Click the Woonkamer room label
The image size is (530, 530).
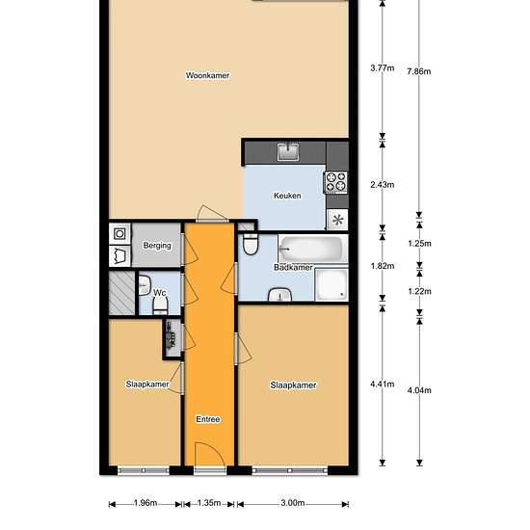[x=207, y=75]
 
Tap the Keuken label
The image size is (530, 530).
[x=287, y=196]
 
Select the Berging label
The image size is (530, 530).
[x=157, y=246]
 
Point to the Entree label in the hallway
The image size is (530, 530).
[x=208, y=419]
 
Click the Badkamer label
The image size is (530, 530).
[x=293, y=267]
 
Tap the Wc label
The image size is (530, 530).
[x=160, y=292]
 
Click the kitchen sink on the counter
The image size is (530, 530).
[x=288, y=151]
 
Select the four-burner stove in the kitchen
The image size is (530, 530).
[x=335, y=182]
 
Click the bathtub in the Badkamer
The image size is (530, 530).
[x=312, y=248]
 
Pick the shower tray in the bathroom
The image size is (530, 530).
[x=331, y=284]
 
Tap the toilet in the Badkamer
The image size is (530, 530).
[x=251, y=244]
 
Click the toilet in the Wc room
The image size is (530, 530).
[x=160, y=306]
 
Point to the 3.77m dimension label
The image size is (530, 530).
[x=382, y=68]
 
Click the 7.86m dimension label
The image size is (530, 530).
[x=419, y=71]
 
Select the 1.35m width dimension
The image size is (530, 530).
[x=209, y=503]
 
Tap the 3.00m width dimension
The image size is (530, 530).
[x=293, y=503]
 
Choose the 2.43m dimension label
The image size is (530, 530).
[x=382, y=185]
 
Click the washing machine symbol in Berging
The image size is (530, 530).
[x=119, y=233]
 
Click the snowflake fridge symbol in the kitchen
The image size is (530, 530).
[x=337, y=220]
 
